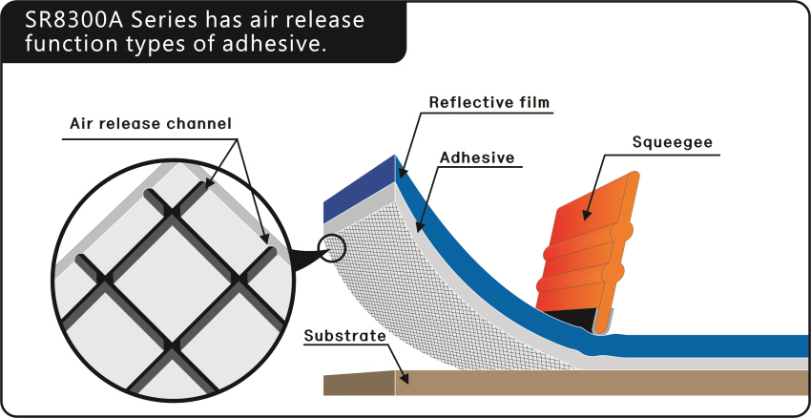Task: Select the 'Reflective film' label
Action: (489, 102)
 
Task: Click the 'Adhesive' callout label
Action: (477, 157)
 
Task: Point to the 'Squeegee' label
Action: (673, 142)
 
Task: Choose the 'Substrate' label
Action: (345, 336)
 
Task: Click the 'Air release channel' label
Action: (151, 124)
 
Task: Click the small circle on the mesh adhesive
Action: (332, 247)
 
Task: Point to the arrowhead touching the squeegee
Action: (586, 215)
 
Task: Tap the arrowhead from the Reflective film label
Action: (403, 175)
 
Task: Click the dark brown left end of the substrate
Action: (360, 384)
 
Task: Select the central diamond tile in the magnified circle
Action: (172, 281)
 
